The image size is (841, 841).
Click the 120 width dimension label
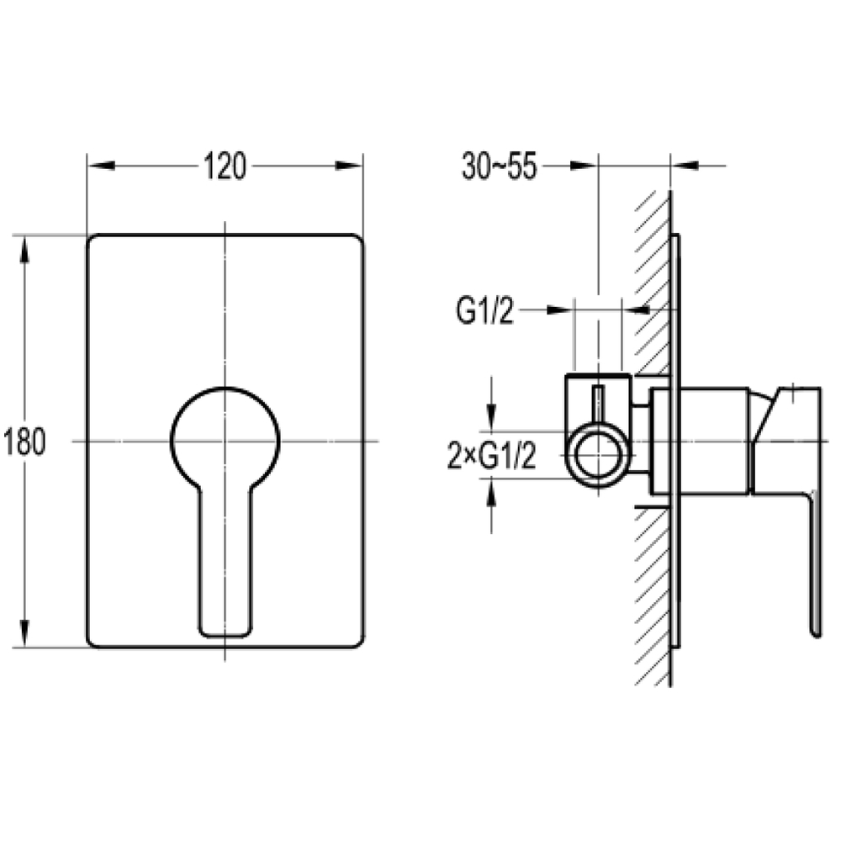[x=225, y=167]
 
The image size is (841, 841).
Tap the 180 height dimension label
[x=24, y=442]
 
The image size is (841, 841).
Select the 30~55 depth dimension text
[x=499, y=166]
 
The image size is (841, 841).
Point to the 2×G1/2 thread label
[x=491, y=458]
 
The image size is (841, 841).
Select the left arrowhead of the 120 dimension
[x=102, y=166]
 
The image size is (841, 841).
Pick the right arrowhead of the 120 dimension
[x=349, y=166]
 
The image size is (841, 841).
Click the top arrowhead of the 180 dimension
[x=24, y=250]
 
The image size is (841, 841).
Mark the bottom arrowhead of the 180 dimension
[x=24, y=633]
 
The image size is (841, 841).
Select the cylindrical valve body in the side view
[x=700, y=441]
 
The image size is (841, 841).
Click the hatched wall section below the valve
[x=653, y=596]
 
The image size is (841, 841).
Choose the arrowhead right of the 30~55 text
[x=584, y=166]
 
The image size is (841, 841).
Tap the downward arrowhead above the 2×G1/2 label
[x=491, y=417]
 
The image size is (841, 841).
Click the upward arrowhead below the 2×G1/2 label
[x=491, y=493]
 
